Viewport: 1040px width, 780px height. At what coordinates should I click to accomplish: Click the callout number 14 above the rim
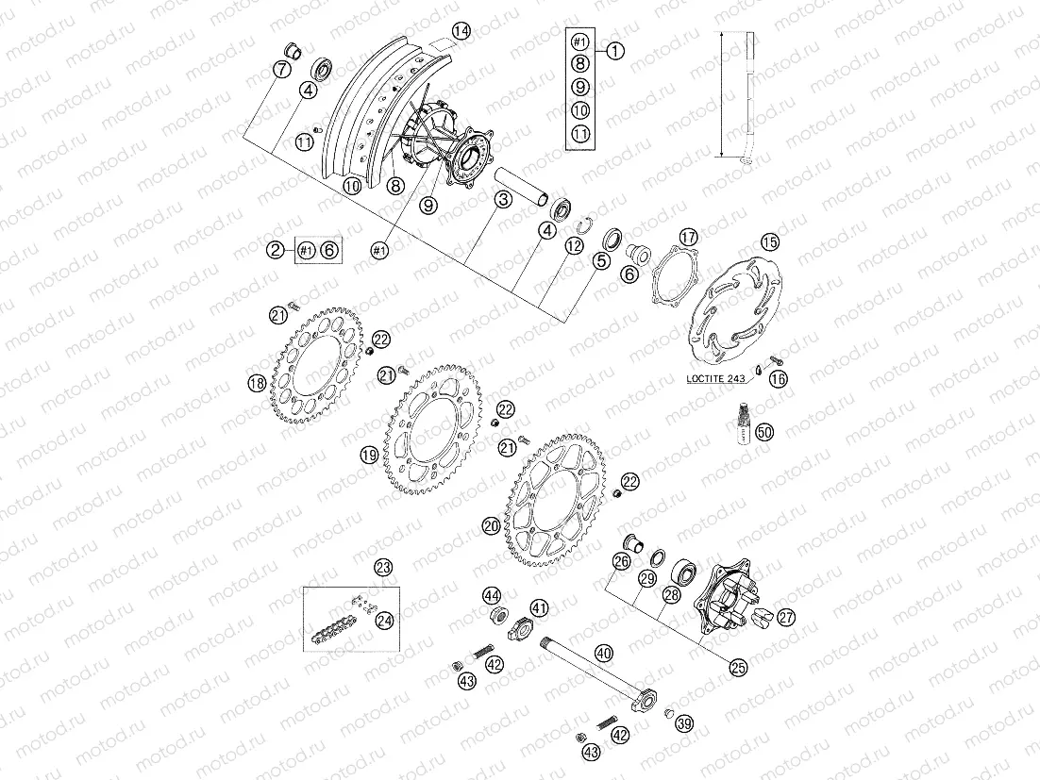pyautogui.click(x=460, y=31)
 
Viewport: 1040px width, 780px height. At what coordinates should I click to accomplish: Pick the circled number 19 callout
pyautogui.click(x=368, y=455)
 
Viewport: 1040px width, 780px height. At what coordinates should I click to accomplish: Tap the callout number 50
pyautogui.click(x=764, y=432)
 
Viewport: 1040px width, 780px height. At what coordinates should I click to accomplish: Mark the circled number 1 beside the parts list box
pyautogui.click(x=614, y=51)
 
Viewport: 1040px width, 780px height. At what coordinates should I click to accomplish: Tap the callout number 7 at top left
pyautogui.click(x=280, y=69)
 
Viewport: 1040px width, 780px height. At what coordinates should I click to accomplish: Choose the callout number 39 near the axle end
pyautogui.click(x=683, y=723)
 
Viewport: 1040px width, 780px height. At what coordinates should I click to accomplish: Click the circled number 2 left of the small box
pyautogui.click(x=275, y=250)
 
